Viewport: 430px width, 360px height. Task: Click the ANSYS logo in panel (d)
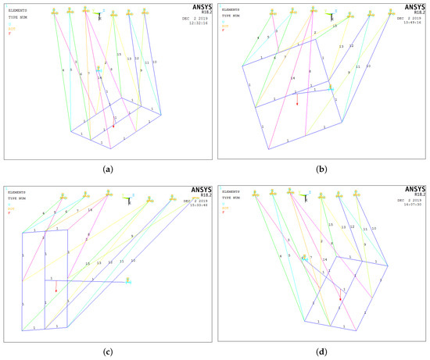410,190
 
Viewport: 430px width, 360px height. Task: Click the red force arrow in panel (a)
113,125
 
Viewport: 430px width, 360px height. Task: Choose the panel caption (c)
107,351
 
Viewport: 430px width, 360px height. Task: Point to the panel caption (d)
322,351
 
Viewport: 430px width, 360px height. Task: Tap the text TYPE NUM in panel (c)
17,195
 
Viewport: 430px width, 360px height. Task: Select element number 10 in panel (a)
154,62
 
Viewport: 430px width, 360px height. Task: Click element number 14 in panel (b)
292,78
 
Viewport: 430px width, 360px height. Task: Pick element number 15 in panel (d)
330,225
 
